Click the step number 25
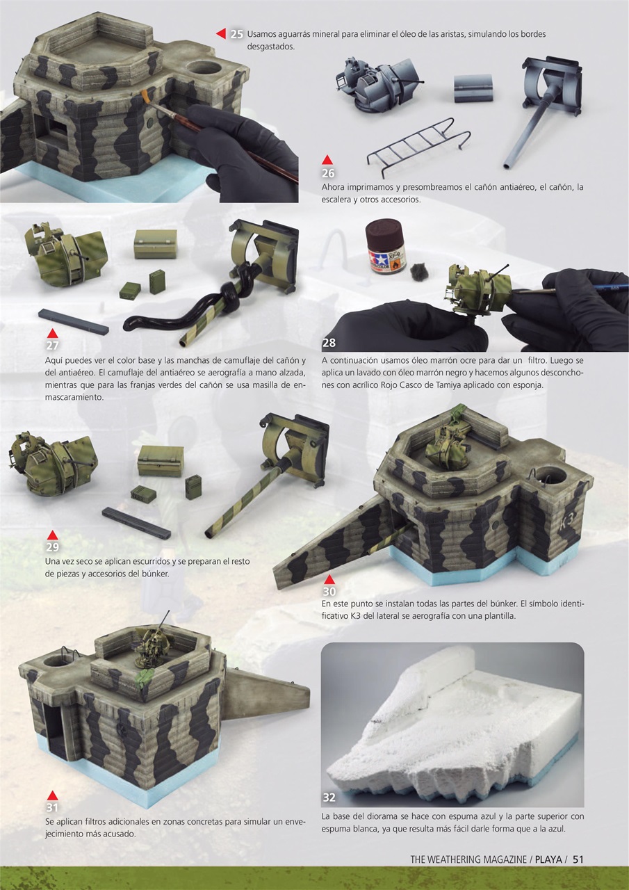(237, 34)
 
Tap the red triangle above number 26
(327, 160)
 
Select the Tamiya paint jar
(384, 247)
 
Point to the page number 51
(578, 859)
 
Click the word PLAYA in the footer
(548, 859)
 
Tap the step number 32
(329, 797)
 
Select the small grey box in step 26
(473, 88)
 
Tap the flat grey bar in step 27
(73, 321)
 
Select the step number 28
(329, 343)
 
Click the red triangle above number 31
(51, 795)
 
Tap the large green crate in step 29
(160, 460)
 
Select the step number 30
(329, 591)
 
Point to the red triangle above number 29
(51, 534)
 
